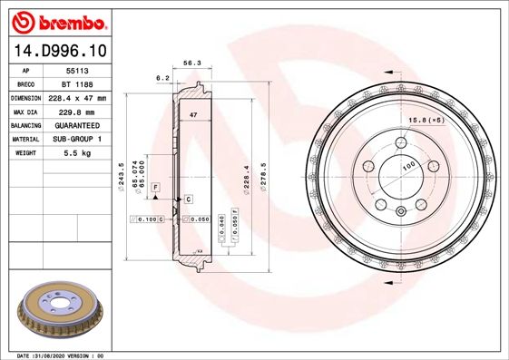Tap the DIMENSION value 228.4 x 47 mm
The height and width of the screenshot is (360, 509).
(x=77, y=97)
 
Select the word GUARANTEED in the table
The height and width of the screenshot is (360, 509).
(x=76, y=125)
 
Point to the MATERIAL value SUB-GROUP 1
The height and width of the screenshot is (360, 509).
(x=76, y=140)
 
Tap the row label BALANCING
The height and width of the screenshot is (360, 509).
(x=26, y=125)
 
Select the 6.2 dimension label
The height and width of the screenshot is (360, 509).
(x=163, y=79)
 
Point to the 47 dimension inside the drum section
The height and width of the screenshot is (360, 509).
(x=193, y=116)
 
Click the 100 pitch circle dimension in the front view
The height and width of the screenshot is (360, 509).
(x=409, y=166)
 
